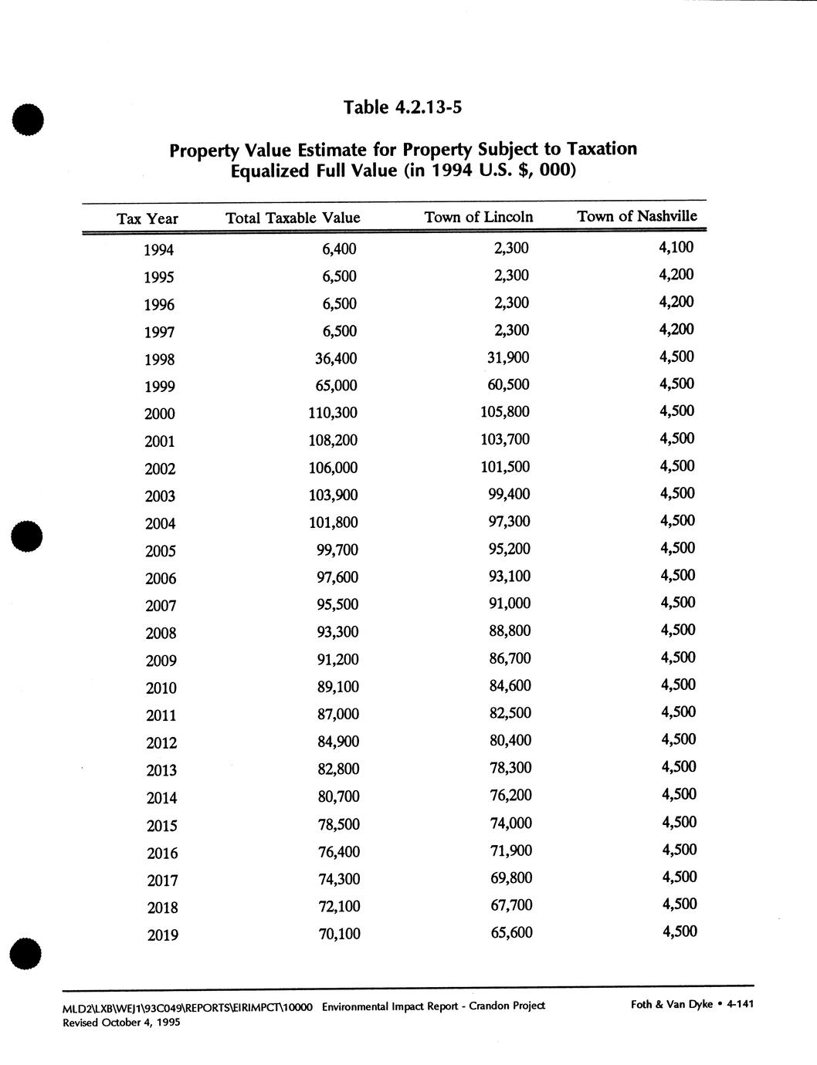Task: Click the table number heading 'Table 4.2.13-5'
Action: [402, 107]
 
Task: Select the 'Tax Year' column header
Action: [147, 219]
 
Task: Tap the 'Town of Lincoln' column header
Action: [479, 217]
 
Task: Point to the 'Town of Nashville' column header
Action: [637, 216]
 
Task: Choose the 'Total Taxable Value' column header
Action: [293, 218]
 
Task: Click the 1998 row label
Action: [159, 360]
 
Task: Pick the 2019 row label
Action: [162, 935]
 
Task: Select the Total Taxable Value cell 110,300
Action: [333, 413]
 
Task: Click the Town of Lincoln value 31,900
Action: [510, 357]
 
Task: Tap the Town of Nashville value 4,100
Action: [676, 247]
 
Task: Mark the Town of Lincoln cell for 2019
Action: [511, 932]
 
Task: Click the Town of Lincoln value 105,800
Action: [505, 412]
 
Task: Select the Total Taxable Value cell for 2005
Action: [337, 549]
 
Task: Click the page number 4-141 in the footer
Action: [740, 1004]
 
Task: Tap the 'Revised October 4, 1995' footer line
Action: [121, 1023]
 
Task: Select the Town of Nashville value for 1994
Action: [676, 247]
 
